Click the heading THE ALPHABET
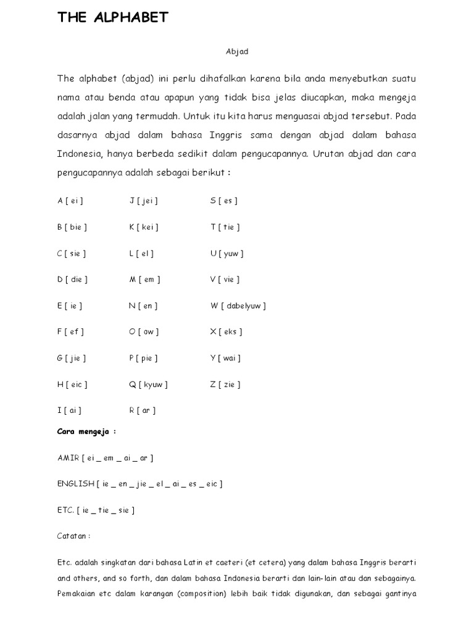(x=112, y=18)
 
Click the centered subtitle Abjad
(x=237, y=52)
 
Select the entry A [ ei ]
(x=70, y=201)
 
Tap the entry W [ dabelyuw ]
(x=238, y=306)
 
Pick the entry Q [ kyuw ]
(x=148, y=385)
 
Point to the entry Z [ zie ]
(x=225, y=385)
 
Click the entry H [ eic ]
(x=72, y=385)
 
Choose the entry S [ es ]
(x=224, y=201)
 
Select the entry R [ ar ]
(x=141, y=410)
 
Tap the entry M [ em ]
(x=144, y=280)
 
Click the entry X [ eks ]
(x=226, y=332)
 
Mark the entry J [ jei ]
(x=144, y=201)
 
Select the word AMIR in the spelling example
(x=68, y=458)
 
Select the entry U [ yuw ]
(x=227, y=253)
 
